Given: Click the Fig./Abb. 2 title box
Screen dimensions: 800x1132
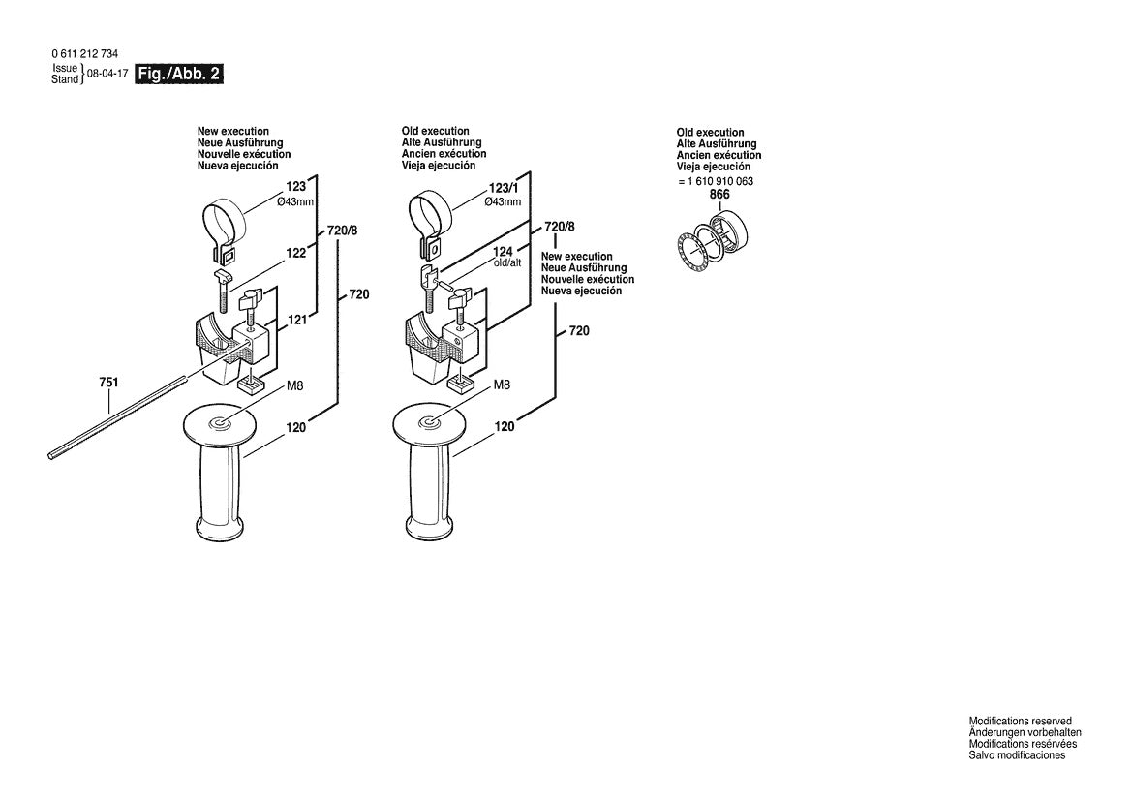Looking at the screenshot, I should (179, 74).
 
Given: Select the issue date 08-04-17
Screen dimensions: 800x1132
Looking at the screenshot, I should (107, 74).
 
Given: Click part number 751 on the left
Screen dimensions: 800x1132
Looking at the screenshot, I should (108, 384).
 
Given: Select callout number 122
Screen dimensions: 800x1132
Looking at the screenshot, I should (295, 253).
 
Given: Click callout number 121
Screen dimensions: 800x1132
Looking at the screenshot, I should (296, 320).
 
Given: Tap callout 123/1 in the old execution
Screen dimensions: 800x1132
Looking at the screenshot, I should (503, 188).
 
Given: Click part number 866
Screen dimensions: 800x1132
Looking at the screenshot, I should (719, 195).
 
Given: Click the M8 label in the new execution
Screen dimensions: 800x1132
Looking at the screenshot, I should (295, 386).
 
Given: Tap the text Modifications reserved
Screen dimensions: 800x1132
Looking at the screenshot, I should (1020, 722).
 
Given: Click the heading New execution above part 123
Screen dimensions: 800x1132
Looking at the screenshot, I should (233, 131).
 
